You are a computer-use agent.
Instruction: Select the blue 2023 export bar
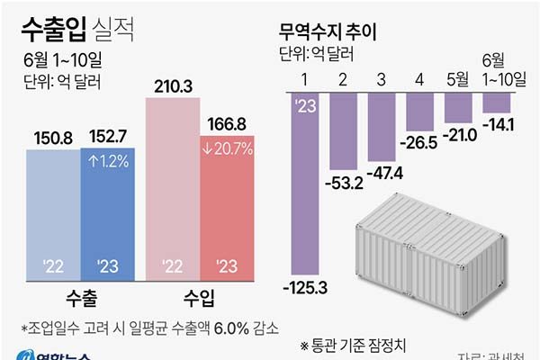[107, 216]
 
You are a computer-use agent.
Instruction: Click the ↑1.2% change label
[108, 164]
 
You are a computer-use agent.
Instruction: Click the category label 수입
[200, 296]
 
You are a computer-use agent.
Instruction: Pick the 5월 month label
[459, 79]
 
